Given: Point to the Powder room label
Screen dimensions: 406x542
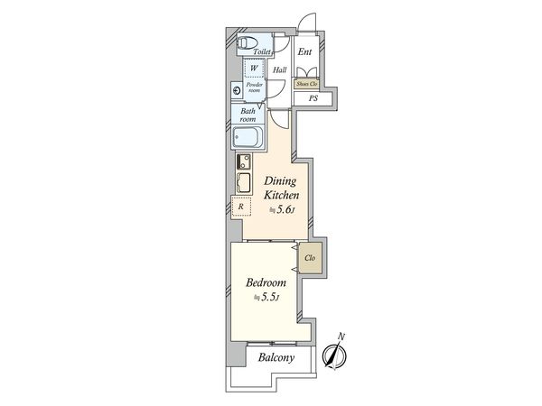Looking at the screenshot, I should click(255, 88).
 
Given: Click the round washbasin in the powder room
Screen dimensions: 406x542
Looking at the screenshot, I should click(237, 90).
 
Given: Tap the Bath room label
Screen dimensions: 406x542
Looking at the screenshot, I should click(248, 115).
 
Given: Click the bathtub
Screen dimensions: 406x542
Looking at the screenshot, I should click(248, 139).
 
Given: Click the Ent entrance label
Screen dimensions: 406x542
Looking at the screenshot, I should click(304, 51).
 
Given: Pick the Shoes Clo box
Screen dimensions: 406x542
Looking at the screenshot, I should click(307, 84).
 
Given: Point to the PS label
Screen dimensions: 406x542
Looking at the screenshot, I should click(313, 98).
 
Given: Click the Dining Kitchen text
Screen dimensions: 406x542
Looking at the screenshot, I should click(281, 189).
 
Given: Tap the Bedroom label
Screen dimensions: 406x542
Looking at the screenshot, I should click(266, 282).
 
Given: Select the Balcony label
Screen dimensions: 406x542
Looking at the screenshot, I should click(276, 357).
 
